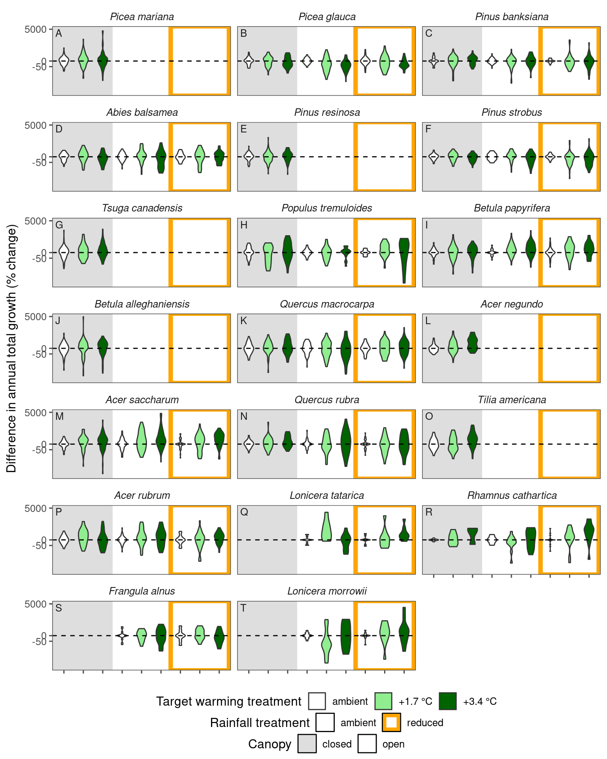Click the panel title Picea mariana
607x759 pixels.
click(x=142, y=17)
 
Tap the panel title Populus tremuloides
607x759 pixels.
click(x=327, y=208)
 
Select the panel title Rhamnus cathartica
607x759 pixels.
click(x=512, y=496)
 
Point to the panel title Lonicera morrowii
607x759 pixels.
click(x=327, y=591)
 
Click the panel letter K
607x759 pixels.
click(x=243, y=321)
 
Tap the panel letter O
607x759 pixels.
click(x=429, y=417)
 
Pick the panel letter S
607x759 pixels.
click(x=58, y=608)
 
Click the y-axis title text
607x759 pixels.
click(x=12, y=348)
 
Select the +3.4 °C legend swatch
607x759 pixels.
click(x=448, y=701)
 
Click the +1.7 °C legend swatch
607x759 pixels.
click(x=383, y=701)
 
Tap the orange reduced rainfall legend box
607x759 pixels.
click(x=391, y=723)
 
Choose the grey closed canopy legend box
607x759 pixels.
click(x=307, y=744)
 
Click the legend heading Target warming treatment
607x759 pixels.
click(x=228, y=702)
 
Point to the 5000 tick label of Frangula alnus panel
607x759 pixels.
click(x=36, y=604)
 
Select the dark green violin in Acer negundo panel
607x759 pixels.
click(x=472, y=343)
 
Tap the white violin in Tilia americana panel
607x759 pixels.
click(x=434, y=444)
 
